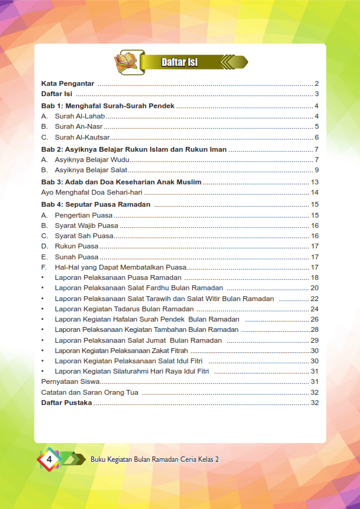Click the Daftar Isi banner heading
click(180, 62)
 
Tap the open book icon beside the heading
click(126, 61)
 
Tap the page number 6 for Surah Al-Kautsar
click(316, 138)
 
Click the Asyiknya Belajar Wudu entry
click(93, 160)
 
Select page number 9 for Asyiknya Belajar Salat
click(316, 170)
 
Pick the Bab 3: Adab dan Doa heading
click(121, 182)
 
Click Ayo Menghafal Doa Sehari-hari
click(91, 192)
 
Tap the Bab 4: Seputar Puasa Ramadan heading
click(96, 204)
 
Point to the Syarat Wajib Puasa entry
click(87, 225)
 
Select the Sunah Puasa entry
click(76, 257)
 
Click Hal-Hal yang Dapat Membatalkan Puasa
click(120, 267)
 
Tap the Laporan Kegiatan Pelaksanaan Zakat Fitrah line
click(121, 351)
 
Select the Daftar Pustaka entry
click(67, 403)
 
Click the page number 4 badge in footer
click(49, 460)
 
